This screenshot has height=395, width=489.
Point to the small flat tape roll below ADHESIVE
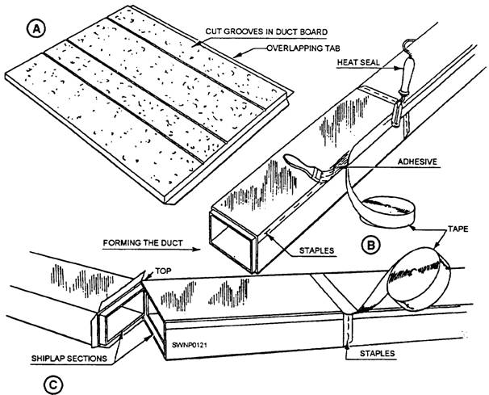388,212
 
